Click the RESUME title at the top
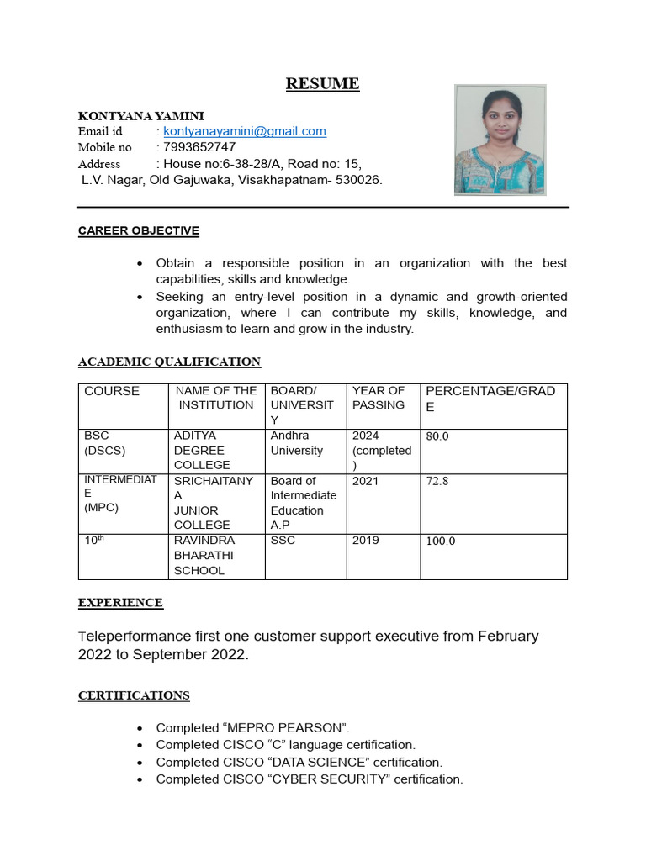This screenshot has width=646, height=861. click(x=322, y=83)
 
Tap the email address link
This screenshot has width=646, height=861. click(x=245, y=131)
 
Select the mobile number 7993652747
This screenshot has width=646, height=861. click(x=199, y=147)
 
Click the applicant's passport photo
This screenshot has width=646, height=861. click(x=500, y=140)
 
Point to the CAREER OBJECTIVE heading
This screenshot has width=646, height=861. click(x=138, y=230)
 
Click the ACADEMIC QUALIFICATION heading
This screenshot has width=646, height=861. click(x=169, y=362)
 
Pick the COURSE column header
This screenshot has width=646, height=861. click(x=112, y=391)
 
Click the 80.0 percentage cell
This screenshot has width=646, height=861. click(x=437, y=436)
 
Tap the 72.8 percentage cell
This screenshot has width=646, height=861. click(x=437, y=482)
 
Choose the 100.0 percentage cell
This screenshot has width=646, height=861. click(x=440, y=541)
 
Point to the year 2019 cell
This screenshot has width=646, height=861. click(x=365, y=540)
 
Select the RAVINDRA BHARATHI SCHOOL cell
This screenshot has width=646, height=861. click(x=204, y=555)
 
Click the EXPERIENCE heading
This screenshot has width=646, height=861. click(x=120, y=602)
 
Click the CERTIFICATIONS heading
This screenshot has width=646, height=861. click(x=134, y=695)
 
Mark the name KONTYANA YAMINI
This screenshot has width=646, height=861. click(x=140, y=115)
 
